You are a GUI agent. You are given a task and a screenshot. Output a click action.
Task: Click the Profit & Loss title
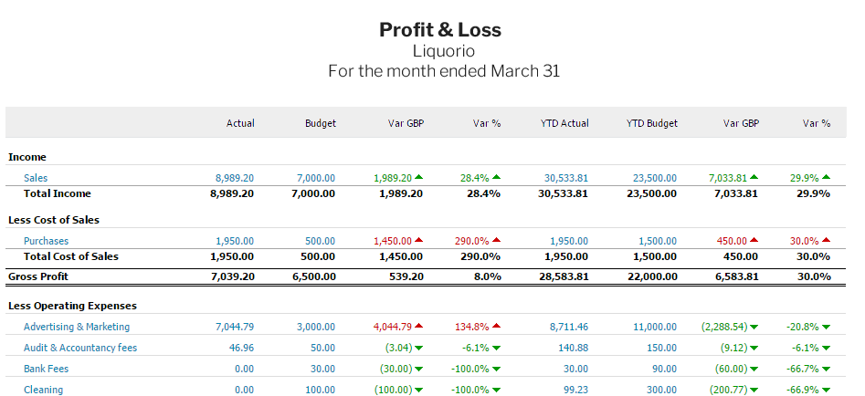click(440, 29)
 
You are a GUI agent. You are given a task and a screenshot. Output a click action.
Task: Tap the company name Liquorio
click(443, 51)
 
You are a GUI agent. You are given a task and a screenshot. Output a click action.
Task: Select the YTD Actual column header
click(564, 123)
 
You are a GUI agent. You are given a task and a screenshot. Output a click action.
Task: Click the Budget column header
click(320, 123)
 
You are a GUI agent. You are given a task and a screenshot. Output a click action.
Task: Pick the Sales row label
click(36, 178)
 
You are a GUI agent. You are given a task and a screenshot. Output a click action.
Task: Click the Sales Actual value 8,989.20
click(235, 178)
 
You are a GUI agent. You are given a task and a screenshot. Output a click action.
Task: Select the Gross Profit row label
click(37, 276)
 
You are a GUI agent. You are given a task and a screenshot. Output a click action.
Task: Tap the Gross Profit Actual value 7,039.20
click(232, 276)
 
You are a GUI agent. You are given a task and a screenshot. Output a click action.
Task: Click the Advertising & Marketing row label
click(77, 327)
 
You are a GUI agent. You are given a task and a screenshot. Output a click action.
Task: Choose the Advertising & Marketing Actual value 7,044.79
click(235, 327)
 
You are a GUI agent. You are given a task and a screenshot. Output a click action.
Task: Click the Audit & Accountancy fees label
click(80, 348)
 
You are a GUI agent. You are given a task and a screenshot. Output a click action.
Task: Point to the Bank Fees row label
click(46, 369)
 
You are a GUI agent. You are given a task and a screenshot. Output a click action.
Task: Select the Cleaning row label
click(43, 390)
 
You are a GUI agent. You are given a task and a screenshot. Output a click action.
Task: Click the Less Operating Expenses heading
click(71, 306)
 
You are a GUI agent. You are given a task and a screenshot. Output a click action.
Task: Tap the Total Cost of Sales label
click(70, 256)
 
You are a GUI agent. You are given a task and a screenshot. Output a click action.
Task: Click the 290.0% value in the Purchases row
click(472, 241)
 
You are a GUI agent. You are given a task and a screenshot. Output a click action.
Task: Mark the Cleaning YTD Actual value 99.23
click(574, 390)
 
